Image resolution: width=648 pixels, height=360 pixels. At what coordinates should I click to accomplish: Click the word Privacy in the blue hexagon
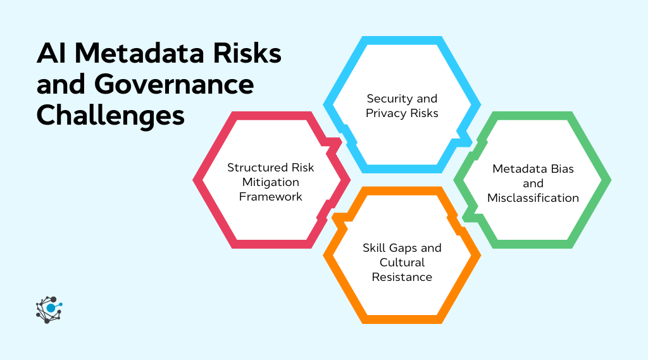(x=384, y=113)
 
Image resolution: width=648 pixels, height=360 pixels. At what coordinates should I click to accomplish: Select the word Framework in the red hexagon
(x=270, y=197)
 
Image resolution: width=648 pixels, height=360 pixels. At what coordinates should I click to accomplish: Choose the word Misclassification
(x=533, y=198)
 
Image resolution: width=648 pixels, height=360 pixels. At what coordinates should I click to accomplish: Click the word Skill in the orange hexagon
(x=375, y=247)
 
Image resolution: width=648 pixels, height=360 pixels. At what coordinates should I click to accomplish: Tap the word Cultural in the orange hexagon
(x=402, y=262)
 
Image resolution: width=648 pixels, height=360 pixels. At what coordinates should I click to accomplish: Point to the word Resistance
(x=402, y=276)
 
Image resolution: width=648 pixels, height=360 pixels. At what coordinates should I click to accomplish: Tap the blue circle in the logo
(x=51, y=308)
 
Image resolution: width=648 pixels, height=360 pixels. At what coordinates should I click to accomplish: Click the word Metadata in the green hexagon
(x=519, y=169)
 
